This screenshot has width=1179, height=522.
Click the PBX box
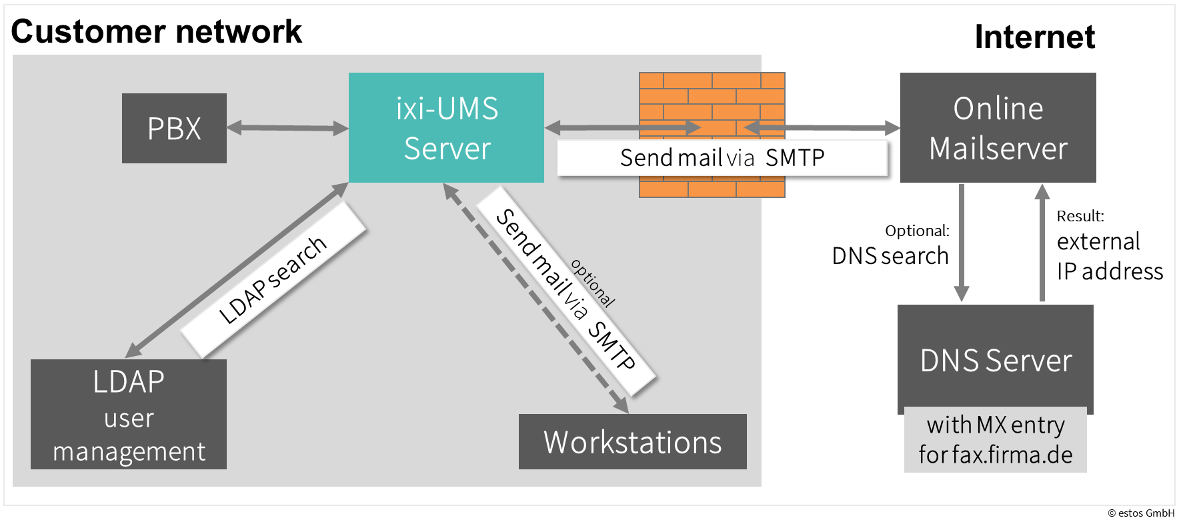click(x=174, y=128)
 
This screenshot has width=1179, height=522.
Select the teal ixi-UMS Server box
click(x=446, y=127)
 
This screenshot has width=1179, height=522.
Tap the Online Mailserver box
click(x=998, y=127)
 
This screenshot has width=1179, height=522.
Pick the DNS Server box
click(x=996, y=360)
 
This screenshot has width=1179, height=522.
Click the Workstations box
click(x=632, y=441)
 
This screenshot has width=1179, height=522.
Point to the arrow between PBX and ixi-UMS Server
click(x=287, y=127)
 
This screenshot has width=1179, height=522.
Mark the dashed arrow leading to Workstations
click(x=533, y=293)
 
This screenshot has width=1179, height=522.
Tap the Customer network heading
click(x=157, y=31)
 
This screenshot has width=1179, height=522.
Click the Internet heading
click(x=1034, y=37)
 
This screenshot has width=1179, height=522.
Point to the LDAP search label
click(x=273, y=280)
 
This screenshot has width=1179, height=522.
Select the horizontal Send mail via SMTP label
click(x=722, y=158)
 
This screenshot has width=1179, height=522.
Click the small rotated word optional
click(x=593, y=283)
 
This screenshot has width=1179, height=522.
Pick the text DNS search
click(x=890, y=256)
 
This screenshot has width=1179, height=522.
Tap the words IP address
click(x=1110, y=271)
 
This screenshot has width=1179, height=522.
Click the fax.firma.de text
click(x=1012, y=455)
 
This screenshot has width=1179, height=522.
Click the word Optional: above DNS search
click(x=917, y=231)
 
